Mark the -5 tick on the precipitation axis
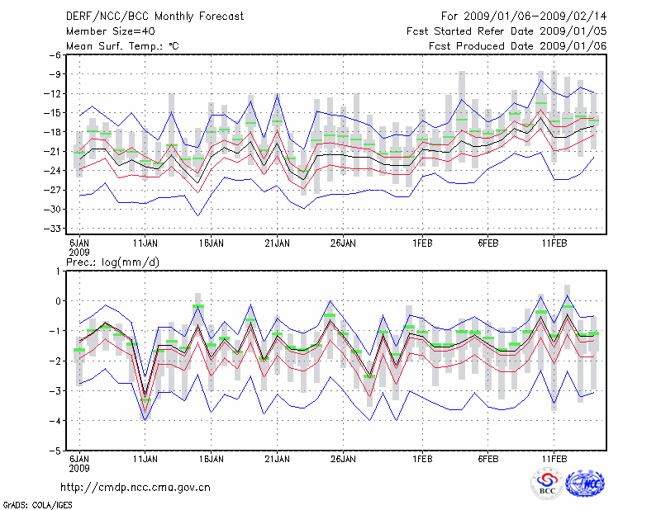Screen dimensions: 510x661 tap(55, 451)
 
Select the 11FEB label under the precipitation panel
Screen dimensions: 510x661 tap(554, 459)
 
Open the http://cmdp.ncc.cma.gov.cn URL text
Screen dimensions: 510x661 tap(136, 487)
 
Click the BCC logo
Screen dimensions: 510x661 tap(548, 484)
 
